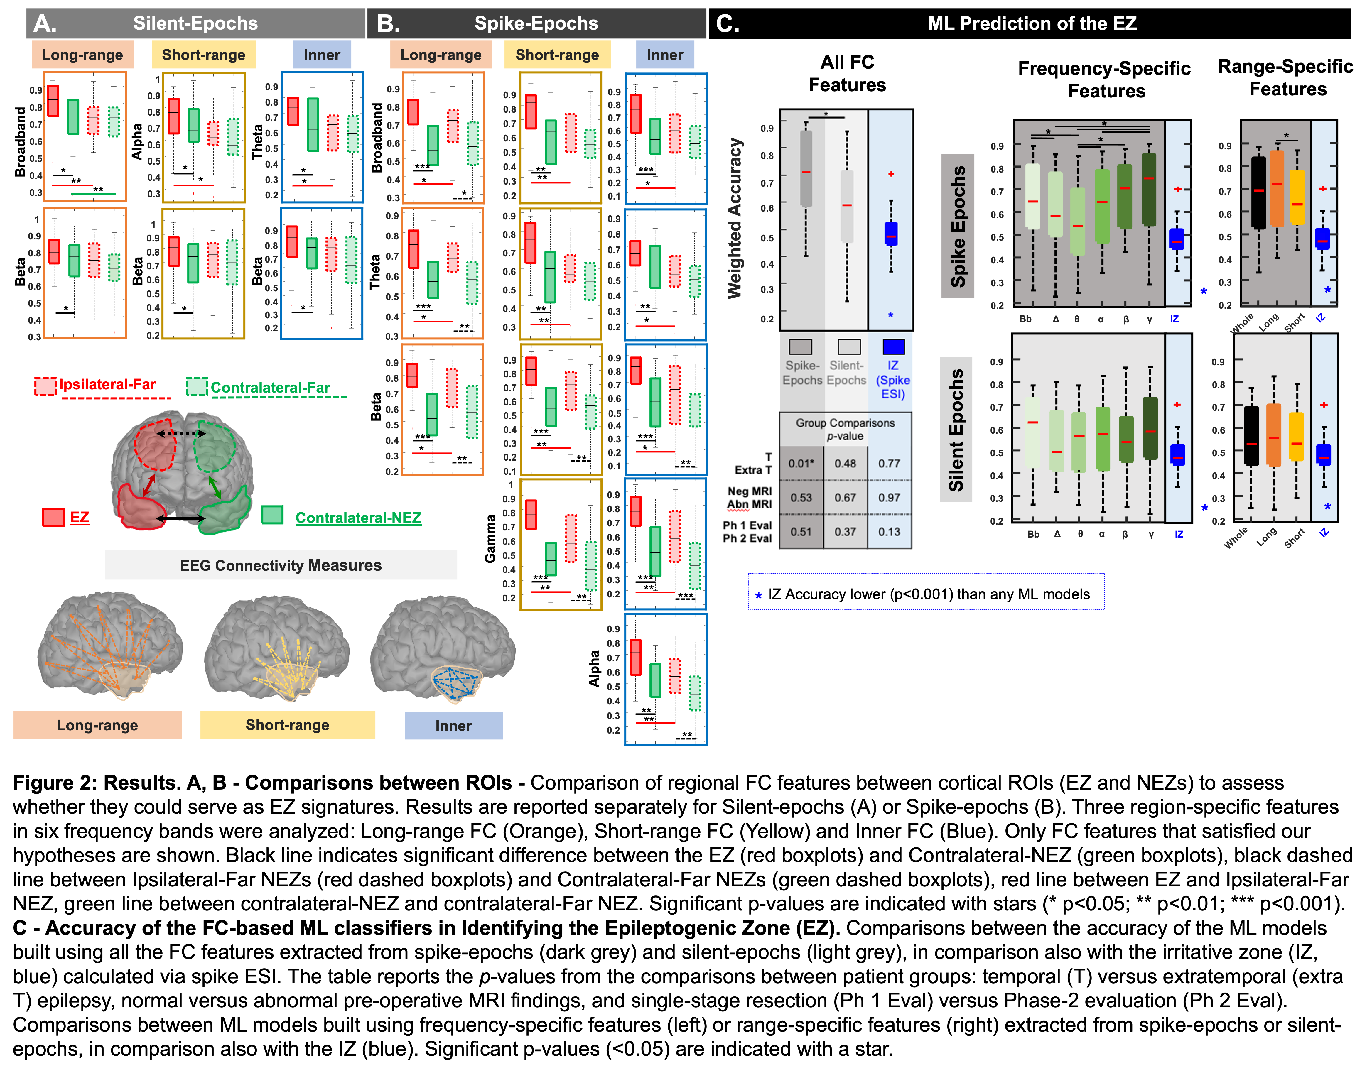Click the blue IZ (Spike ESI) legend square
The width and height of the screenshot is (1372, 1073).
pos(893,347)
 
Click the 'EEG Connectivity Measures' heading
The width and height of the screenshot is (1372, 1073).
pos(281,565)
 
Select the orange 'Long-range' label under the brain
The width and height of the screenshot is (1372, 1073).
pos(97,725)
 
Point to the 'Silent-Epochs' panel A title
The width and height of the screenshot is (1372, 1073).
pos(195,23)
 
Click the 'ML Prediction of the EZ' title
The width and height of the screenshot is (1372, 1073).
pos(1032,23)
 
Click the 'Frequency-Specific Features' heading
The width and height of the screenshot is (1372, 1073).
pos(1104,79)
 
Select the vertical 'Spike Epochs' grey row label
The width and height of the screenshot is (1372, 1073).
pos(957,226)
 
